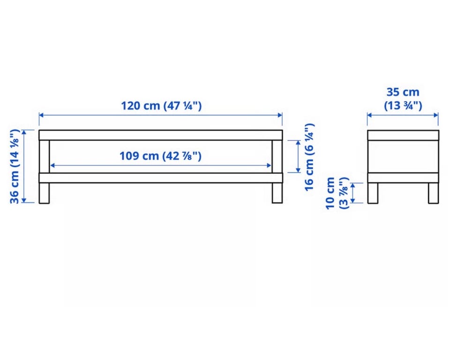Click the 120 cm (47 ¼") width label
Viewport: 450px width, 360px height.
coord(161,105)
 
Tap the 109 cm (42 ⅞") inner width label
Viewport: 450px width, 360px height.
coord(160,156)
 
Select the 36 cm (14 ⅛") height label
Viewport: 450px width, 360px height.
coord(15,166)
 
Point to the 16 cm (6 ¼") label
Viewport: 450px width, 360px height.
coord(309,157)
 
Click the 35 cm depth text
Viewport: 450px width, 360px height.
coord(403,92)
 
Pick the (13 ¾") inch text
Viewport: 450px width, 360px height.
coord(403,105)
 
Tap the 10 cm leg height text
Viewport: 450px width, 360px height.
coord(330,193)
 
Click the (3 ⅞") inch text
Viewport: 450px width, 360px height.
coord(344,193)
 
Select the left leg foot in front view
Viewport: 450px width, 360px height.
coord(44,193)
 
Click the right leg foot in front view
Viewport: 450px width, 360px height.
coord(277,193)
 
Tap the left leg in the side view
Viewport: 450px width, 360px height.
coord(373,193)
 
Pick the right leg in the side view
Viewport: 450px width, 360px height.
coord(433,193)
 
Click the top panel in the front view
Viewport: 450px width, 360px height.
coord(161,135)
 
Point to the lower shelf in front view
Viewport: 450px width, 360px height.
coord(161,178)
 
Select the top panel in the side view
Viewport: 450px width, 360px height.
coord(403,135)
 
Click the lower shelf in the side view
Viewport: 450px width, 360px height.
coord(403,178)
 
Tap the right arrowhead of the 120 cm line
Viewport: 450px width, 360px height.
coord(280,115)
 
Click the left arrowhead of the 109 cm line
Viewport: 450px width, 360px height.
coord(52,165)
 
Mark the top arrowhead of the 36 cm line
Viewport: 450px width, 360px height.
coord(24,133)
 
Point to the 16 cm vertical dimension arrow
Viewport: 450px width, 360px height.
coord(298,157)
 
